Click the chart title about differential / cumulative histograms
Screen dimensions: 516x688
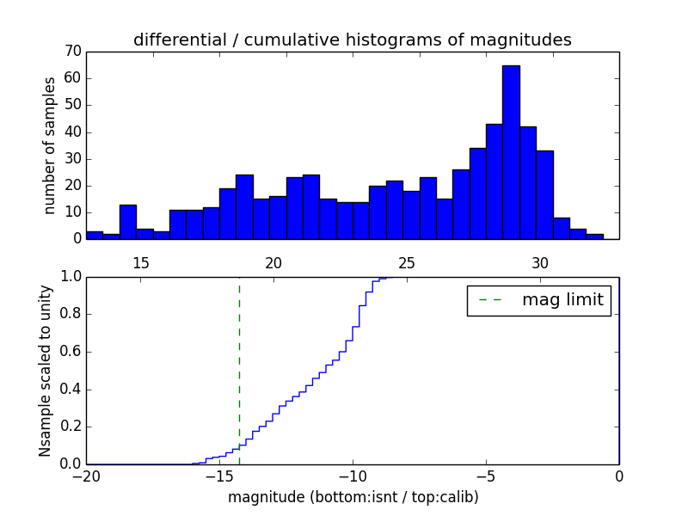pyautogui.click(x=353, y=40)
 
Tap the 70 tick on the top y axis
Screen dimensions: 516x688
pyautogui.click(x=72, y=52)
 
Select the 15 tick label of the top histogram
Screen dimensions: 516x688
pyautogui.click(x=140, y=263)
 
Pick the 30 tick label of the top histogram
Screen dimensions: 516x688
pyautogui.click(x=539, y=263)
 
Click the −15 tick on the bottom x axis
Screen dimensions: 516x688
pyautogui.click(x=218, y=476)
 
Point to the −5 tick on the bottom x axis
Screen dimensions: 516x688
pyautogui.click(x=485, y=476)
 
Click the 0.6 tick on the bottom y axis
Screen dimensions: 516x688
pyautogui.click(x=70, y=352)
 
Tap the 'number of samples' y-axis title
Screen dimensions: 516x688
pyautogui.click(x=50, y=144)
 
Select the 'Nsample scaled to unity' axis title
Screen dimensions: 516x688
pyautogui.click(x=45, y=371)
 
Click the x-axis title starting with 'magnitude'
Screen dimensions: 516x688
pyautogui.click(x=353, y=497)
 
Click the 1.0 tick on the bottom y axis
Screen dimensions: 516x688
pyautogui.click(x=70, y=277)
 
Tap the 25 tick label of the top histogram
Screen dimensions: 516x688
pyautogui.click(x=407, y=263)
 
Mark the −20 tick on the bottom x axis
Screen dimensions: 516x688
pyautogui.click(x=86, y=476)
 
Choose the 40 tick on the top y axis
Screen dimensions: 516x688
pyautogui.click(x=72, y=132)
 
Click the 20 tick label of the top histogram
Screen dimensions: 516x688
pyautogui.click(x=273, y=263)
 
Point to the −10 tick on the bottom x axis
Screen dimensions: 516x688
pyautogui.click(x=352, y=476)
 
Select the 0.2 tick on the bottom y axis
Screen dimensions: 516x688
pyautogui.click(x=70, y=427)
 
